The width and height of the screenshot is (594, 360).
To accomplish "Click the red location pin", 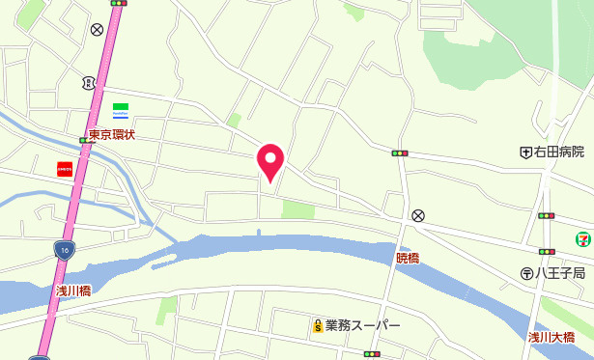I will tap(270, 160).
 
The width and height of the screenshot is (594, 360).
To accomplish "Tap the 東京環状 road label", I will tap(112, 135).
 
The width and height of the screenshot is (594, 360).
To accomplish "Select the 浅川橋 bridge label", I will tap(72, 290).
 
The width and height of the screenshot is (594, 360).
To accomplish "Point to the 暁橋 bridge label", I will tap(408, 258).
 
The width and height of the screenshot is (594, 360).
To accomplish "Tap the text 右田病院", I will tap(559, 152).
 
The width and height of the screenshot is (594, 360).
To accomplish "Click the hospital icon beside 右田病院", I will tap(525, 152).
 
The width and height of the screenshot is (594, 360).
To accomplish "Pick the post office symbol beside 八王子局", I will tap(526, 273).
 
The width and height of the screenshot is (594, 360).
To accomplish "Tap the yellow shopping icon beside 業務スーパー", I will tap(316, 326).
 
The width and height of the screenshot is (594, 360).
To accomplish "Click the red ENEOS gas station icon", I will tap(65, 168).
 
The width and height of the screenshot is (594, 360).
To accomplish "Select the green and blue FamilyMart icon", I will tap(121, 109).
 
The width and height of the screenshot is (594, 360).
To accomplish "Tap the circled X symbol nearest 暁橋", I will tap(417, 215).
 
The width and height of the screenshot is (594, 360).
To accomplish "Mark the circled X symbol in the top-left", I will tap(97, 30).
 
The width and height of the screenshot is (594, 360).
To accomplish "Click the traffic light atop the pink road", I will tap(119, 3).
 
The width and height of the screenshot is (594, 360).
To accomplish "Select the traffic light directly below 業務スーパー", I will tap(371, 354).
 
